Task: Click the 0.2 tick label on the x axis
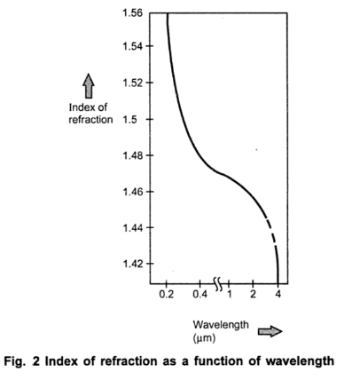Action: (x=167, y=293)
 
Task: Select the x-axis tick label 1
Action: (x=230, y=293)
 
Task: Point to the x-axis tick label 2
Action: (x=253, y=293)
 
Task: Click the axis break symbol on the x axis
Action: (x=216, y=279)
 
